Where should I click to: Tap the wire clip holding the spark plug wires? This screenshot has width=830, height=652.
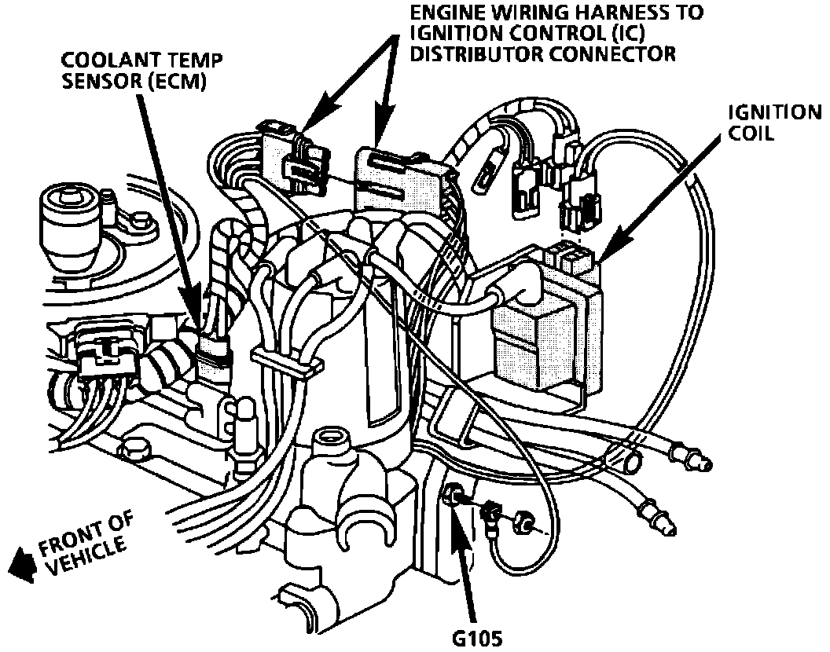point(287,362)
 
